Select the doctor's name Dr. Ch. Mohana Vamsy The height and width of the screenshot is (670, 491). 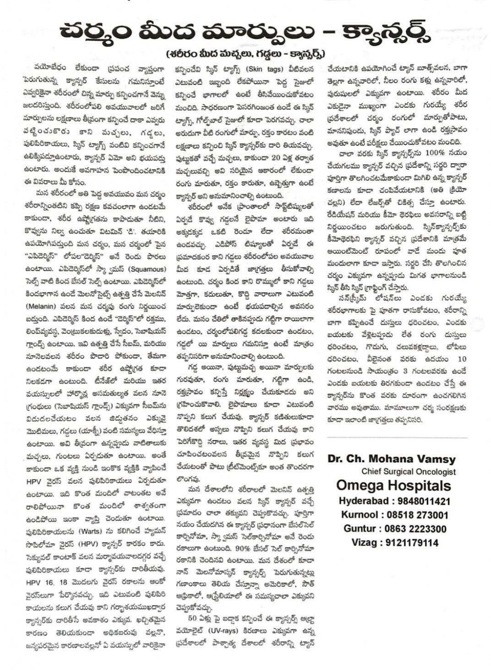(391, 459)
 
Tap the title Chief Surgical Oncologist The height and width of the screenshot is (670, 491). (408, 472)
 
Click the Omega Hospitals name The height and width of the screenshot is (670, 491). (394, 486)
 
